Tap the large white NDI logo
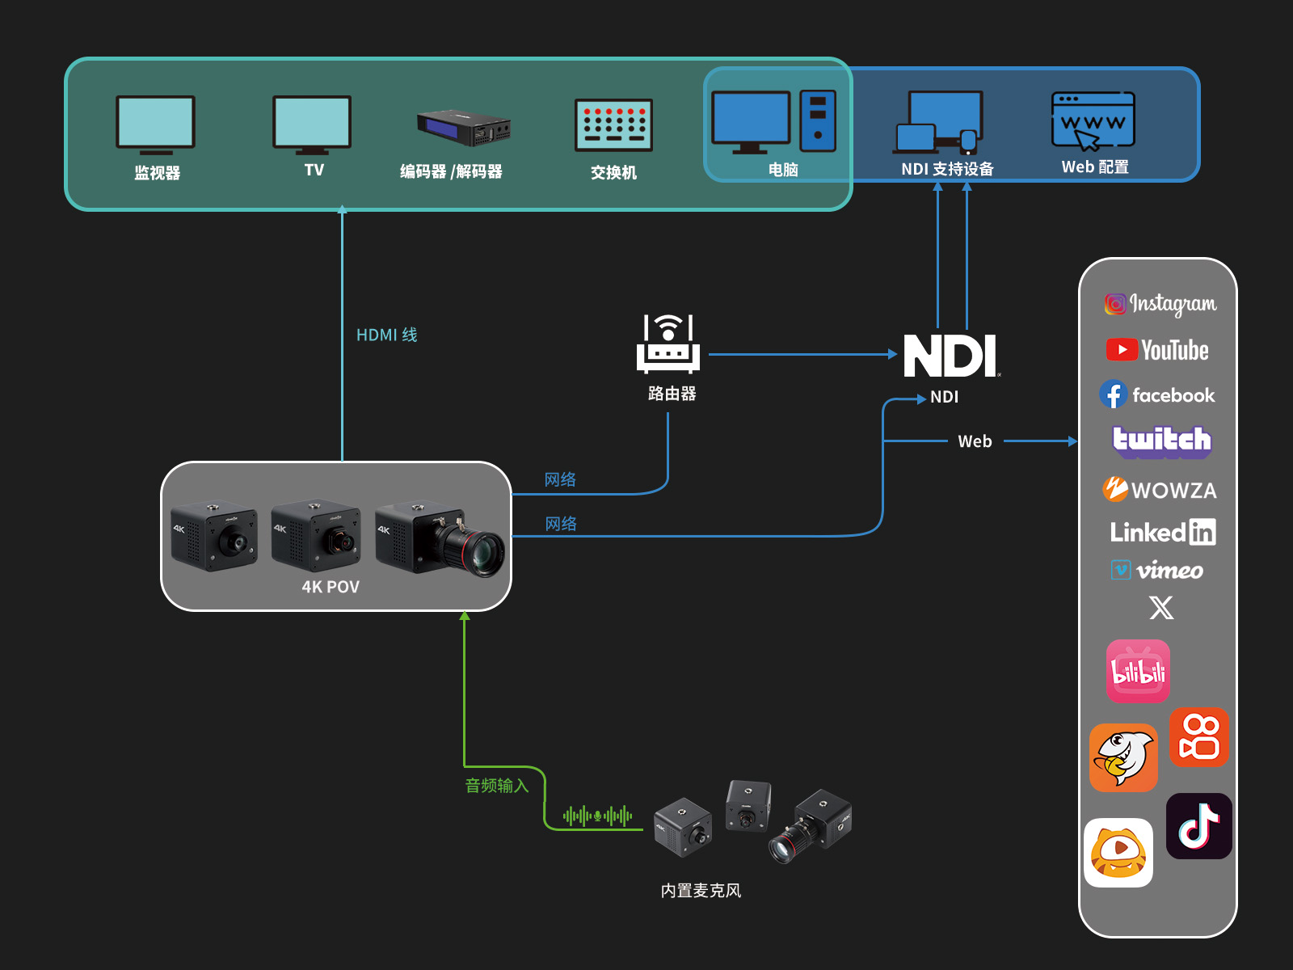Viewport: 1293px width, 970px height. click(x=950, y=356)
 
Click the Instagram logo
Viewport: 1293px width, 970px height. click(x=1160, y=304)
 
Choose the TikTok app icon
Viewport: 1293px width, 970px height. click(x=1199, y=826)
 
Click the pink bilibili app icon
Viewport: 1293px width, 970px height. click(x=1138, y=671)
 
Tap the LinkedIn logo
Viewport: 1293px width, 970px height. click(x=1162, y=532)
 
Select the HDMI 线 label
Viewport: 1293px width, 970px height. click(x=386, y=335)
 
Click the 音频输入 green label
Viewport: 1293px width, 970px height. click(x=496, y=786)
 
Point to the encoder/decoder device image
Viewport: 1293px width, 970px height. click(x=464, y=128)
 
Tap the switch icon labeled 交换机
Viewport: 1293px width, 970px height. click(x=613, y=125)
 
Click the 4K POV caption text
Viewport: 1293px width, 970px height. click(x=331, y=587)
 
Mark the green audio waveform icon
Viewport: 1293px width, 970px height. click(x=597, y=816)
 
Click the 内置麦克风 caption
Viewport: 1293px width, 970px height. click(x=701, y=891)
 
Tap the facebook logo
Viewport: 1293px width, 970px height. click(x=1157, y=395)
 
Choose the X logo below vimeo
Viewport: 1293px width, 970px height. click(x=1161, y=608)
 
